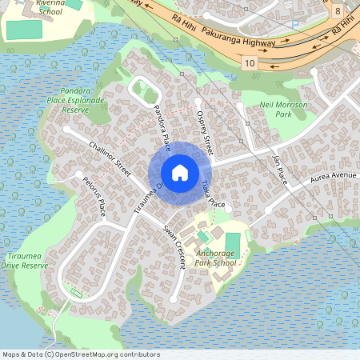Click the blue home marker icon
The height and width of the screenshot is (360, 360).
click(180, 172)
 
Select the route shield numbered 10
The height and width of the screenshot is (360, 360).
click(250, 62)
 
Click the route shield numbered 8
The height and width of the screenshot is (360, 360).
click(338, 11)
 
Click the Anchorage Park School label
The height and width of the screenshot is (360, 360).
click(216, 258)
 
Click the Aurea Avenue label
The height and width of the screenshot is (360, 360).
click(334, 175)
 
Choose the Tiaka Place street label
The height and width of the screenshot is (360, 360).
click(214, 194)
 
